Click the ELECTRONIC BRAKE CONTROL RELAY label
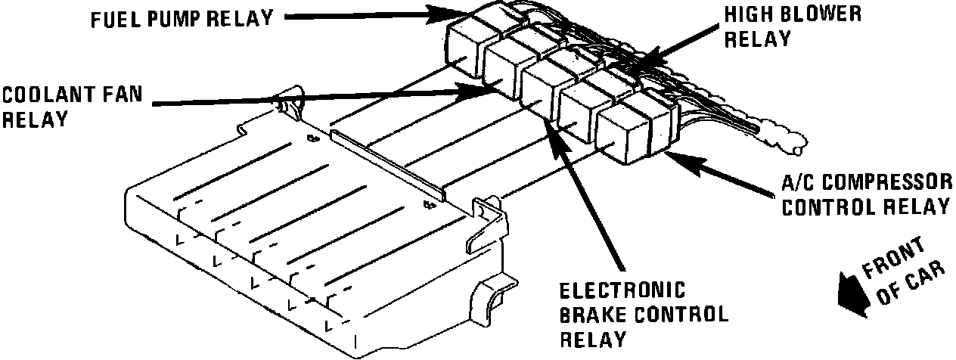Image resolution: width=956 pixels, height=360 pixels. (x=643, y=314)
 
